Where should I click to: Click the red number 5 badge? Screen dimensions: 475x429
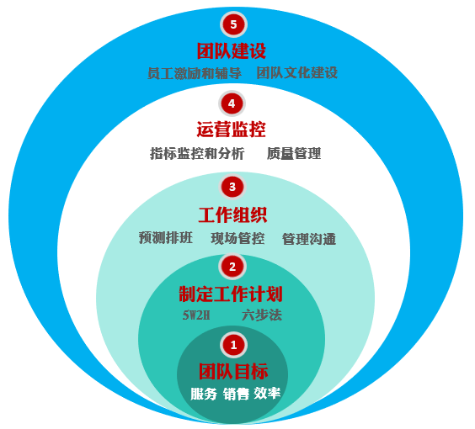tap(233, 24)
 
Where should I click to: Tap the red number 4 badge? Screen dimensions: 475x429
tap(232, 103)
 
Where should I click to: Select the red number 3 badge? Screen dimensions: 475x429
tap(232, 187)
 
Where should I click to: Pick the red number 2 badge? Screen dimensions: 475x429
tap(232, 267)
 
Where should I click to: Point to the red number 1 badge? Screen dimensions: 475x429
tap(233, 345)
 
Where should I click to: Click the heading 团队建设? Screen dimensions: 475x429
tap(232, 50)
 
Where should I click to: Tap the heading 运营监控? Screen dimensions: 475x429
tap(231, 130)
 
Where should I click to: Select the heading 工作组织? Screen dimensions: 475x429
tap(232, 215)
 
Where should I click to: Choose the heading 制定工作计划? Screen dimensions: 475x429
tap(231, 294)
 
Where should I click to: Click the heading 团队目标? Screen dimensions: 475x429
tap(233, 371)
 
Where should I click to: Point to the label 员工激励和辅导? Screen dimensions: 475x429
tap(195, 73)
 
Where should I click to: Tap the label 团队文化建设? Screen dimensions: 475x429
tap(297, 72)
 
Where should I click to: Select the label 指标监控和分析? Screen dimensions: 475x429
tap(197, 153)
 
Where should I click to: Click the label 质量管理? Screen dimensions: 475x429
tap(294, 153)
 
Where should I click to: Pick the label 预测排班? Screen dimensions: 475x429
tap(166, 237)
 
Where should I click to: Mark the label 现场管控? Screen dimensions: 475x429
tap(237, 238)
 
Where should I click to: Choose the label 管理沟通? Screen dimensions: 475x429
tap(309, 239)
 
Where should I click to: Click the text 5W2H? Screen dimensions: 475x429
tap(196, 315)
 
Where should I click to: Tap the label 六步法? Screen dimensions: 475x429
tap(262, 315)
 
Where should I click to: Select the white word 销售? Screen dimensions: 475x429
tap(236, 394)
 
